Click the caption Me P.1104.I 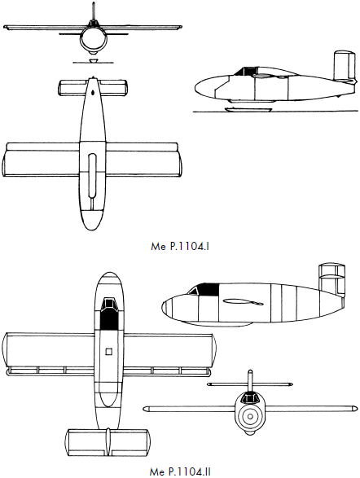pos(180,246)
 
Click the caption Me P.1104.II pos(180,472)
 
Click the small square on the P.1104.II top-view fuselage pos(109,352)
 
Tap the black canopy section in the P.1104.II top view pos(109,319)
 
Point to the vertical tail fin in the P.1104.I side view pos(345,66)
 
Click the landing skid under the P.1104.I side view pos(248,109)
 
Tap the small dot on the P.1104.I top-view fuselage pos(93,91)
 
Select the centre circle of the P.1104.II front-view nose pos(250,416)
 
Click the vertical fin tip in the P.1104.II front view pos(250,371)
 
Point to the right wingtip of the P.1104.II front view pos(354,408)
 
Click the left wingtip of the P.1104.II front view pos(145,409)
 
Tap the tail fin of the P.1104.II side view pos(331,279)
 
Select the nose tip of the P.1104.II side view pos(162,306)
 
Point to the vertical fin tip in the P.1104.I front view pos(94,3)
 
